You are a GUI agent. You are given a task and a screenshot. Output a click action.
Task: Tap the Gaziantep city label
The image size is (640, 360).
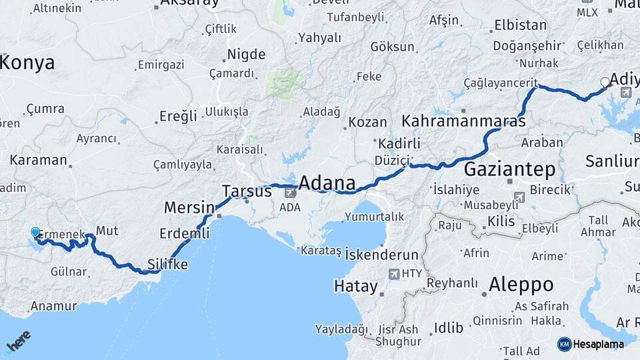[510, 169]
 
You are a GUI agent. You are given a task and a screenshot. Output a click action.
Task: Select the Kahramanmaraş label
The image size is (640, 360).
[464, 122]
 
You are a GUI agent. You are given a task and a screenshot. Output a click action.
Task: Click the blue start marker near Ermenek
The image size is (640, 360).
[35, 233]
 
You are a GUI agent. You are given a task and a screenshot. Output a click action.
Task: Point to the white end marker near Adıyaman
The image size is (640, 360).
[605, 82]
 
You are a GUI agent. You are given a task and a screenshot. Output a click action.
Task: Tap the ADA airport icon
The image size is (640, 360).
[291, 193]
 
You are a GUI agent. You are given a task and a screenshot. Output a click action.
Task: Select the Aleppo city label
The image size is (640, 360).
[521, 285]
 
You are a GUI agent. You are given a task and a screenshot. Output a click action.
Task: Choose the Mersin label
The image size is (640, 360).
[189, 207]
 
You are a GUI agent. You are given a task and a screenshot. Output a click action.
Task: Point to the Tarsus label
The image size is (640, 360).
[247, 191]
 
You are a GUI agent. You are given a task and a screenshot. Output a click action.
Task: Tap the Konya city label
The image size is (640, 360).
[27, 63]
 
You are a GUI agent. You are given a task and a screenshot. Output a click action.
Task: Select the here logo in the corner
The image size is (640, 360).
[19, 341]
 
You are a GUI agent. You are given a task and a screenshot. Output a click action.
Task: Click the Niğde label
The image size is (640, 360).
[246, 55]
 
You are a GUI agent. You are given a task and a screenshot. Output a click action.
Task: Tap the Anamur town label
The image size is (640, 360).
[51, 307]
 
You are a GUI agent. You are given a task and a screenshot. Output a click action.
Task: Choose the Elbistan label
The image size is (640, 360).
[520, 26]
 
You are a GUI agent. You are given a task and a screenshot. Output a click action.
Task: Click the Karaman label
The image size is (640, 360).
[38, 160]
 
